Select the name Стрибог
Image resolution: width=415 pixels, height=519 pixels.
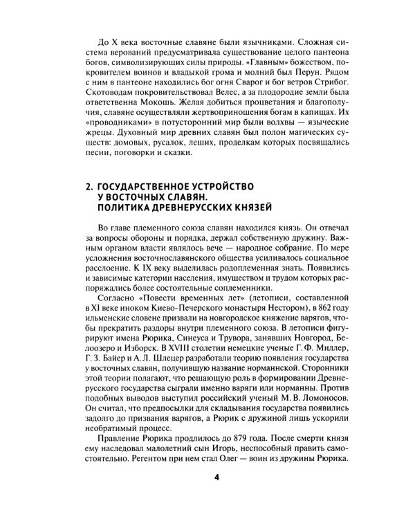[x=319, y=82]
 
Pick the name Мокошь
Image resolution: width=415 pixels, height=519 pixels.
[x=133, y=105]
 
